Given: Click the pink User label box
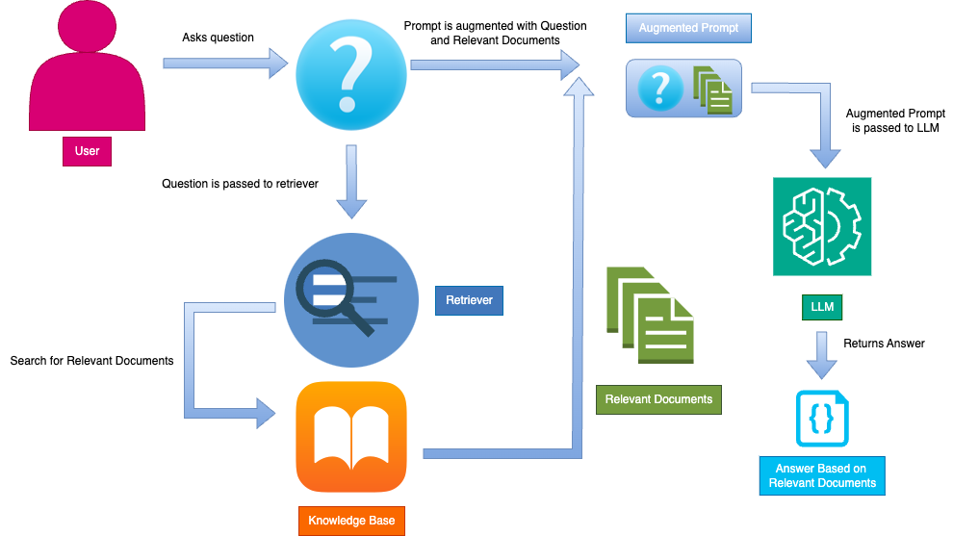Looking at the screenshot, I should pyautogui.click(x=87, y=151).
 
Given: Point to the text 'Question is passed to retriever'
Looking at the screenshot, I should pyautogui.click(x=240, y=183).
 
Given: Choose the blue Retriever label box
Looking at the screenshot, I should pyautogui.click(x=469, y=300).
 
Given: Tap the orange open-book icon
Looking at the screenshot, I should pyautogui.click(x=351, y=436).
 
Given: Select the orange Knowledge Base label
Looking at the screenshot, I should pyautogui.click(x=351, y=521).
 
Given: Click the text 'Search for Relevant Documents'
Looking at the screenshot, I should pyautogui.click(x=91, y=361).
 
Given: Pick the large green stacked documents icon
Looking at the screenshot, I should pyautogui.click(x=650, y=316).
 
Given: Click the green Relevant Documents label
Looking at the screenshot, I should pyautogui.click(x=658, y=398).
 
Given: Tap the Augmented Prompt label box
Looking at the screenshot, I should pyautogui.click(x=688, y=28).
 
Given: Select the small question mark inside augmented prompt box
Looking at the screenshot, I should pyautogui.click(x=659, y=89).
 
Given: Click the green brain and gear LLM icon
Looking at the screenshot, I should pyautogui.click(x=822, y=227).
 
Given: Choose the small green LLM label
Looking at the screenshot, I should pyautogui.click(x=822, y=307).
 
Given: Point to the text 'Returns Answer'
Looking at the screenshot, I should pyautogui.click(x=884, y=344).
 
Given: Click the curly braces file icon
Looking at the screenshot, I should pyautogui.click(x=822, y=419).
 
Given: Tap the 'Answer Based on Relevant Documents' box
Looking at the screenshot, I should pyautogui.click(x=821, y=475).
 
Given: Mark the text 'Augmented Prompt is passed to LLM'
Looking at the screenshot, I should pyautogui.click(x=890, y=120).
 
